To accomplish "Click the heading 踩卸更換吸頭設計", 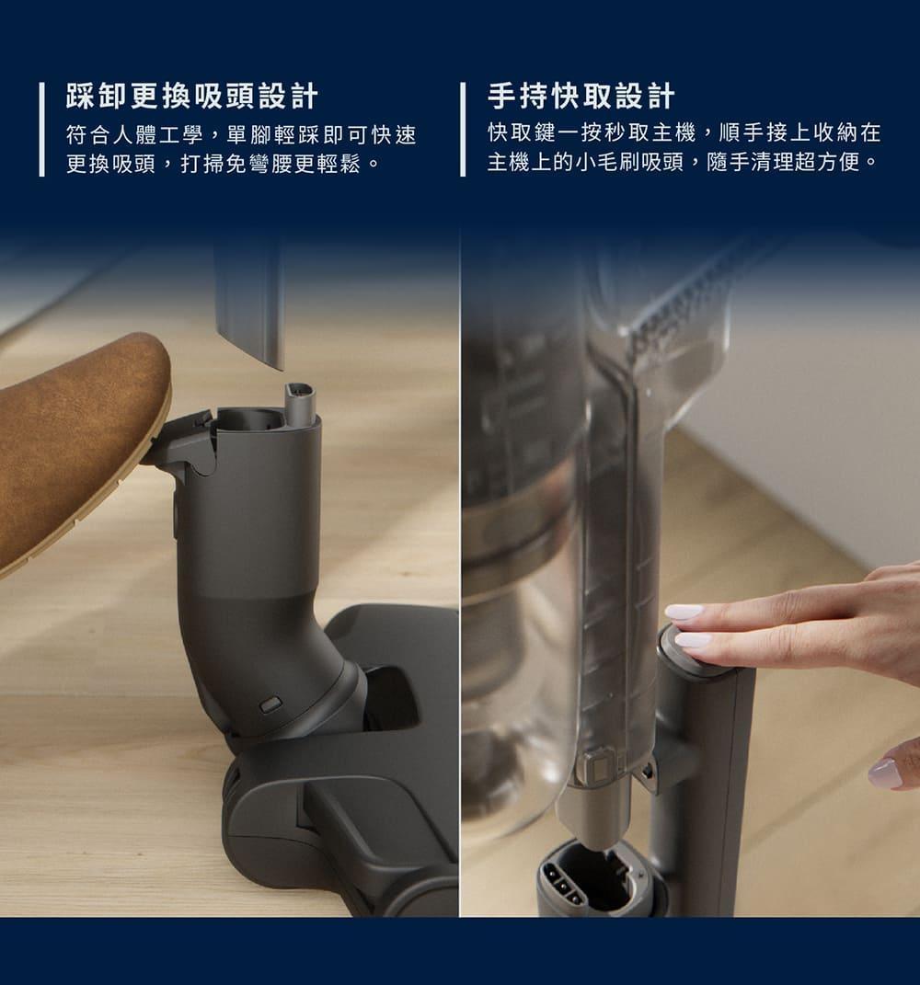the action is tap(191, 97).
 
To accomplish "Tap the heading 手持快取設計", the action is tap(581, 97).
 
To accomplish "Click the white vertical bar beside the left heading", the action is tap(42, 130).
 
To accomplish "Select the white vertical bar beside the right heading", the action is tap(463, 130).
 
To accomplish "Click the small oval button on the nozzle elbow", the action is tap(270, 704).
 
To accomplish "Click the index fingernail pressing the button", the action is tap(684, 612).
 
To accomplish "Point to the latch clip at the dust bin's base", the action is tap(597, 767).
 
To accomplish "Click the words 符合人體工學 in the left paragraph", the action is tap(134, 134).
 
